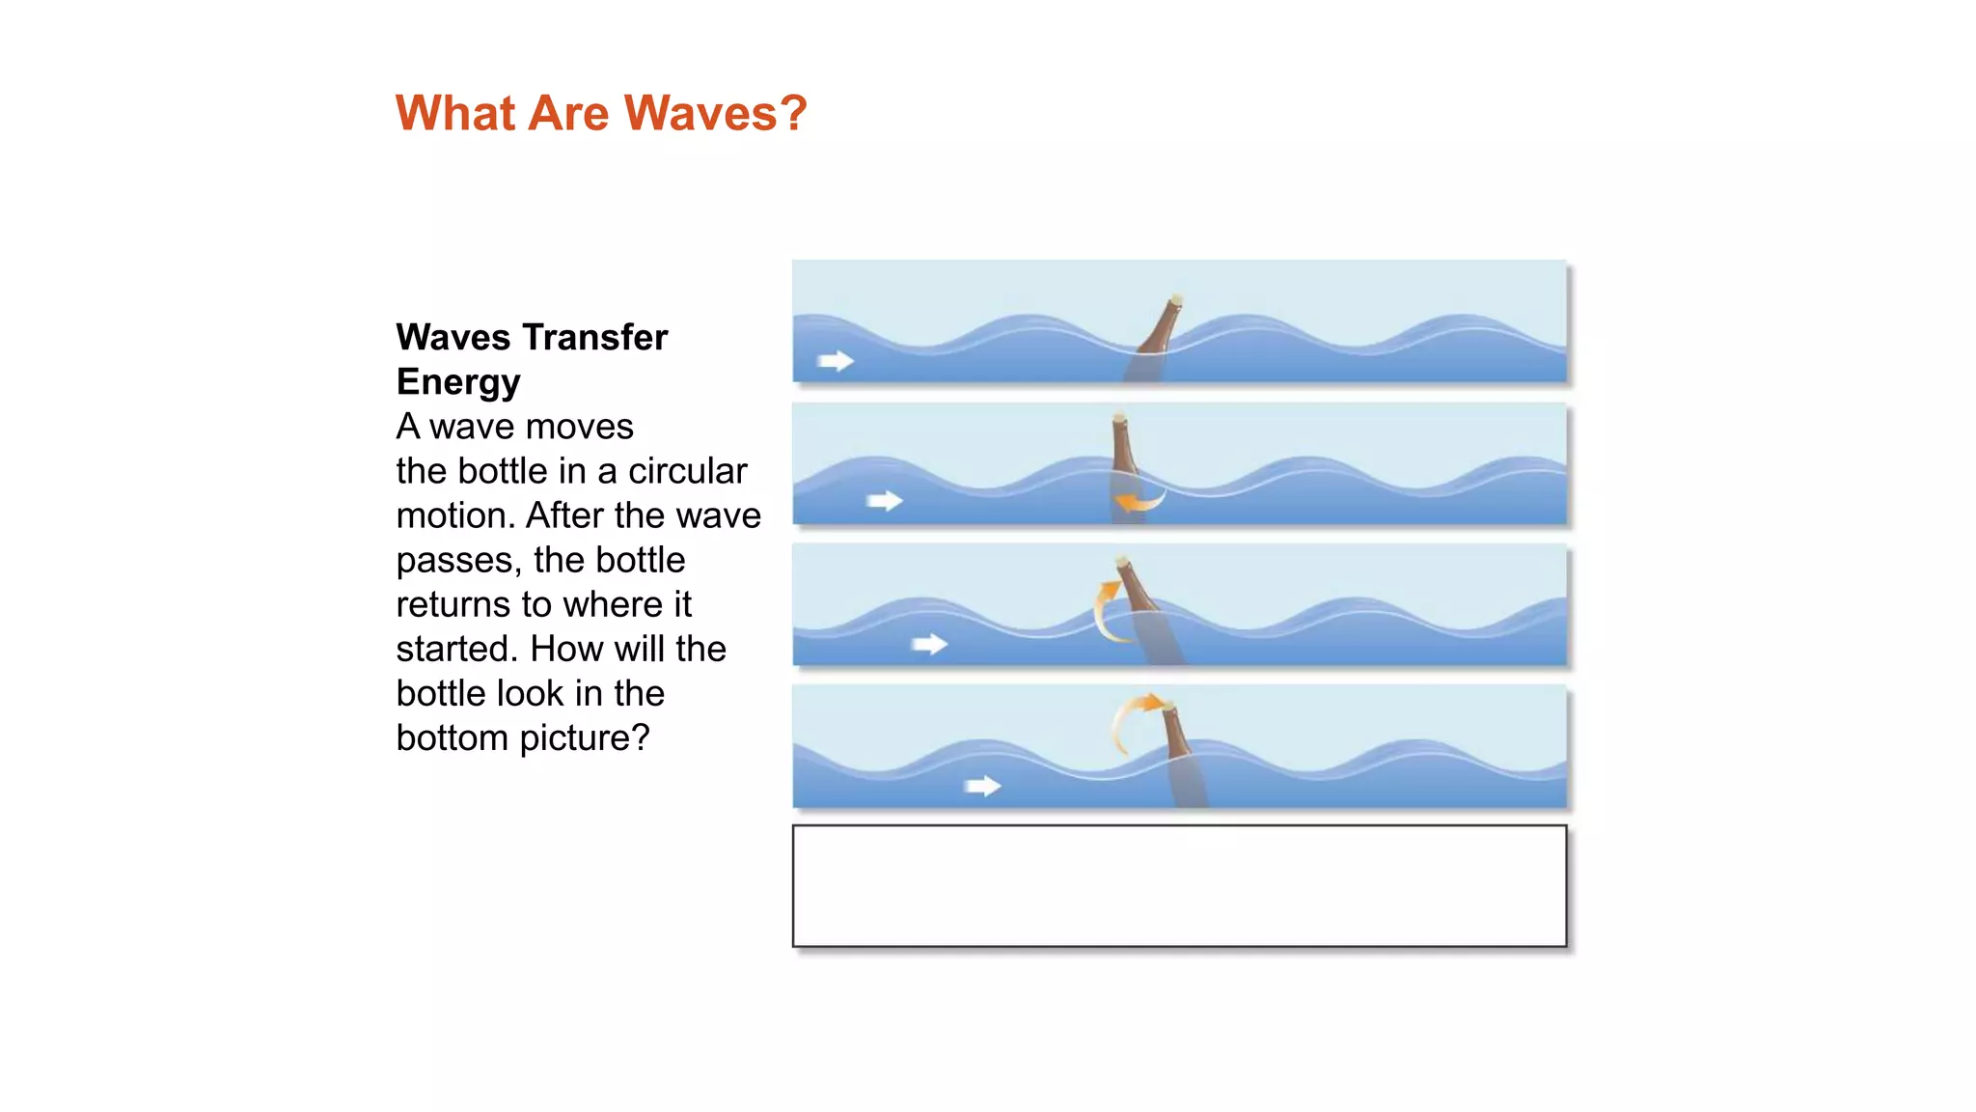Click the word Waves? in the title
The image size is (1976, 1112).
(715, 113)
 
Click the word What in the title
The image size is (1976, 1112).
(455, 113)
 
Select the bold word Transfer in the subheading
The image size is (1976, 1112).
(593, 337)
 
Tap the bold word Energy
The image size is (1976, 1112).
(458, 381)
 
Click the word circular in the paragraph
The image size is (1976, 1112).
(687, 471)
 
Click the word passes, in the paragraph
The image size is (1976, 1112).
(459, 560)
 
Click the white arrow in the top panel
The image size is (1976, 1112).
(836, 361)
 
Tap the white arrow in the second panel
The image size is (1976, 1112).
(884, 501)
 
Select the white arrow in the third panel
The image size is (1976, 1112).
(930, 644)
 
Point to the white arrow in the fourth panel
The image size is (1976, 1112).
(982, 787)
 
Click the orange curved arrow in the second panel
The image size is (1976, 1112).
(1139, 502)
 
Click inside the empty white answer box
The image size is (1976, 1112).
(1179, 886)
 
